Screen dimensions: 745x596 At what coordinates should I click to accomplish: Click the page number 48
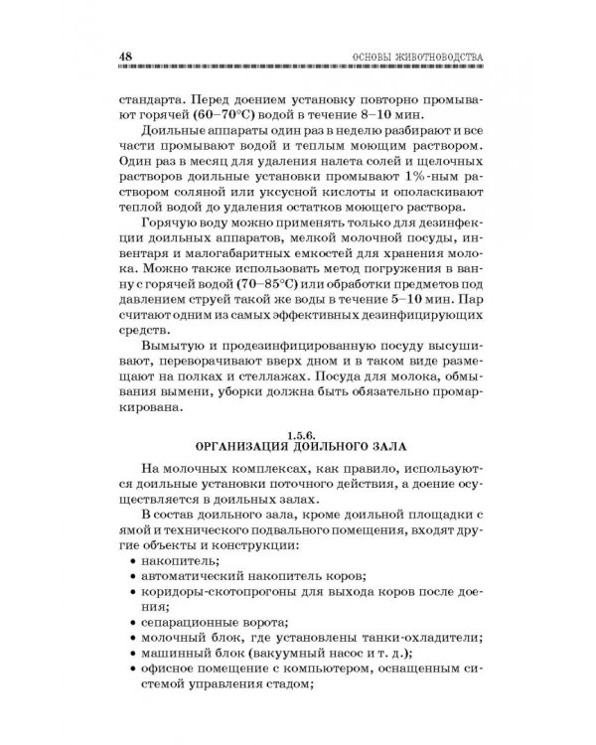point(124,56)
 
